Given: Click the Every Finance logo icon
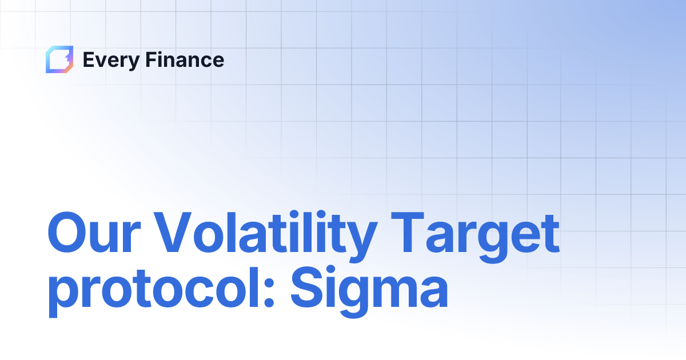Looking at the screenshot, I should [x=59, y=59].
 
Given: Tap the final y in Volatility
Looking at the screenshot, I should [x=360, y=240].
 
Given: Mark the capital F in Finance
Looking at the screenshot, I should [x=146, y=59].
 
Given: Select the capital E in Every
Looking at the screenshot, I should [x=89, y=59].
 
